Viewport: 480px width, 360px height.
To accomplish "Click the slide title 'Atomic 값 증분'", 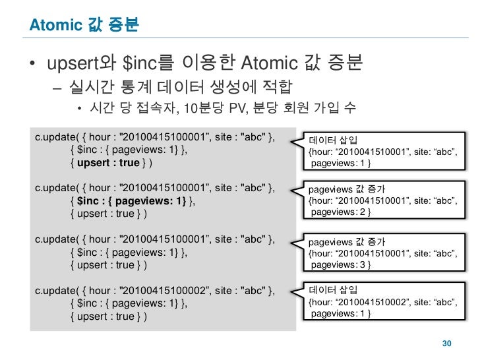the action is tap(83, 26).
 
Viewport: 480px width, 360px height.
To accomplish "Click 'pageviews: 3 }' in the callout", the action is tap(340, 264).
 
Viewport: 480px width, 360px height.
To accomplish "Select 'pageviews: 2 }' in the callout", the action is tap(340, 212).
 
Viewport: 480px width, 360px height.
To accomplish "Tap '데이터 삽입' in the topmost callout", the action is tap(334, 140).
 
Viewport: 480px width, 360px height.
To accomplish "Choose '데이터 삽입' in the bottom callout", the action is tap(334, 290).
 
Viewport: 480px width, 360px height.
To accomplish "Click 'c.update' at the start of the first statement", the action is tap(54, 137).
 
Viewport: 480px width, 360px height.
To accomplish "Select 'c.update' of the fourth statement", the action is tap(54, 291).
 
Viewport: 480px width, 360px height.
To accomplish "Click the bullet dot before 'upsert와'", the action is tap(32, 65).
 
